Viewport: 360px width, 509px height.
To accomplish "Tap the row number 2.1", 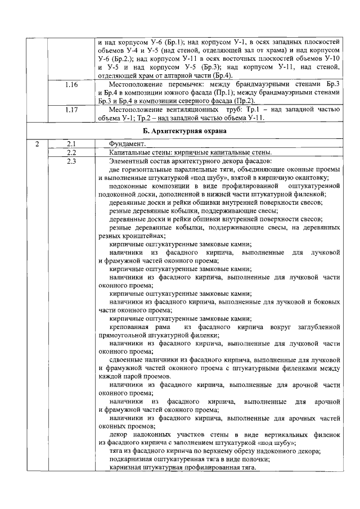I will point(71,144).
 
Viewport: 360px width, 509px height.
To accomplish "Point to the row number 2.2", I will point(71,152).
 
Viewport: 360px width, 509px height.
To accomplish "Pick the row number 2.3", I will point(71,161).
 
